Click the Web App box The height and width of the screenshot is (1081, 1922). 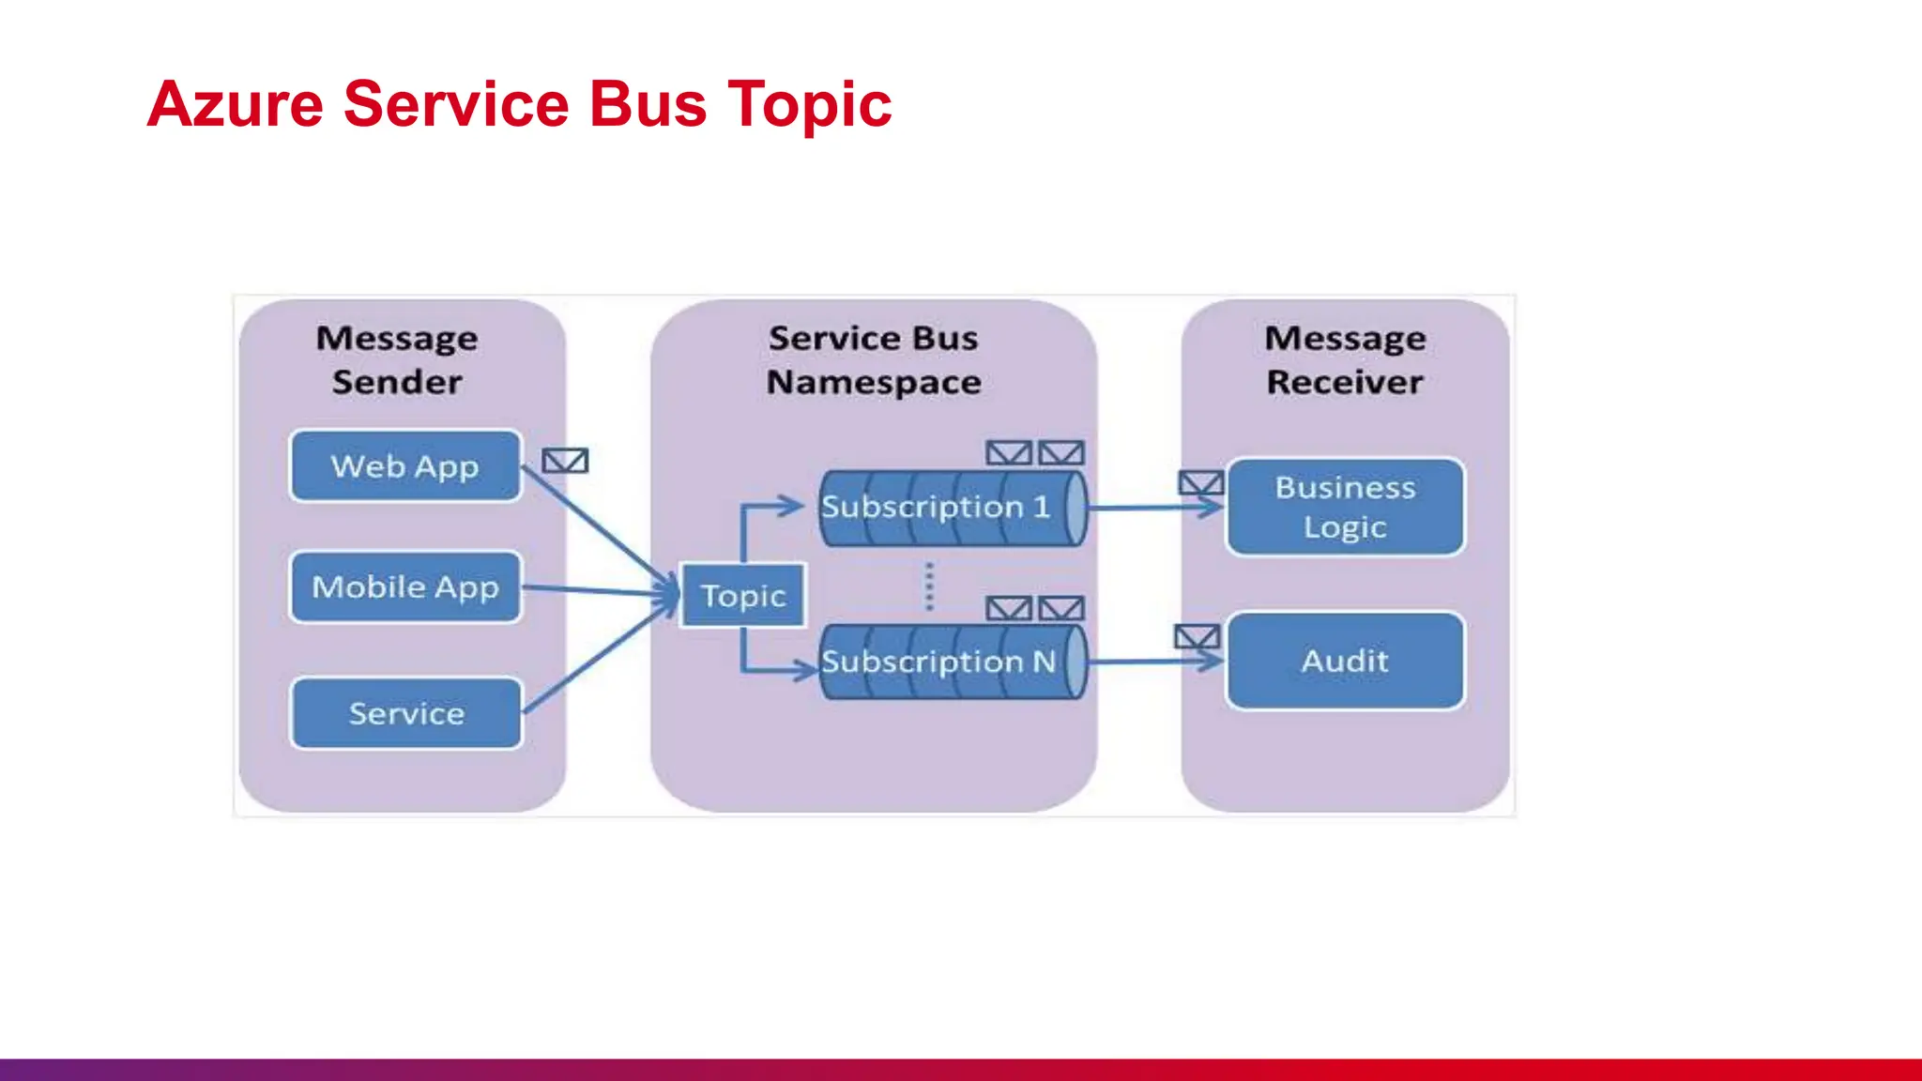click(x=405, y=466)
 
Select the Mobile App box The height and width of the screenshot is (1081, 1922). click(x=405, y=587)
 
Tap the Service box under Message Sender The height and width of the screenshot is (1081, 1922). click(x=405, y=713)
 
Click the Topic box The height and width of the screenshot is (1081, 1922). click(x=742, y=596)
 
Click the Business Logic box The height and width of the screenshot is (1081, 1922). click(x=1345, y=507)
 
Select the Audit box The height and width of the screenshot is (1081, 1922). click(x=1345, y=661)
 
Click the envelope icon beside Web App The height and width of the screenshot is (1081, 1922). click(x=565, y=461)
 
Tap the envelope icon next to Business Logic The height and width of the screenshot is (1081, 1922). click(x=1200, y=483)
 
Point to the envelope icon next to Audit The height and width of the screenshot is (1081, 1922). click(x=1197, y=637)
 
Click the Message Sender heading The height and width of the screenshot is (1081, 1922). click(x=397, y=359)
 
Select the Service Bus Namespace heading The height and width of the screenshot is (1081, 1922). click(x=874, y=359)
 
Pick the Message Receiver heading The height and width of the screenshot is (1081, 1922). click(x=1345, y=359)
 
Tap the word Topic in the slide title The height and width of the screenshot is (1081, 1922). click(x=809, y=105)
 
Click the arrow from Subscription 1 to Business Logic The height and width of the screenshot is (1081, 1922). click(x=1154, y=508)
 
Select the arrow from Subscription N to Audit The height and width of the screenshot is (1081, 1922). click(x=1154, y=662)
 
